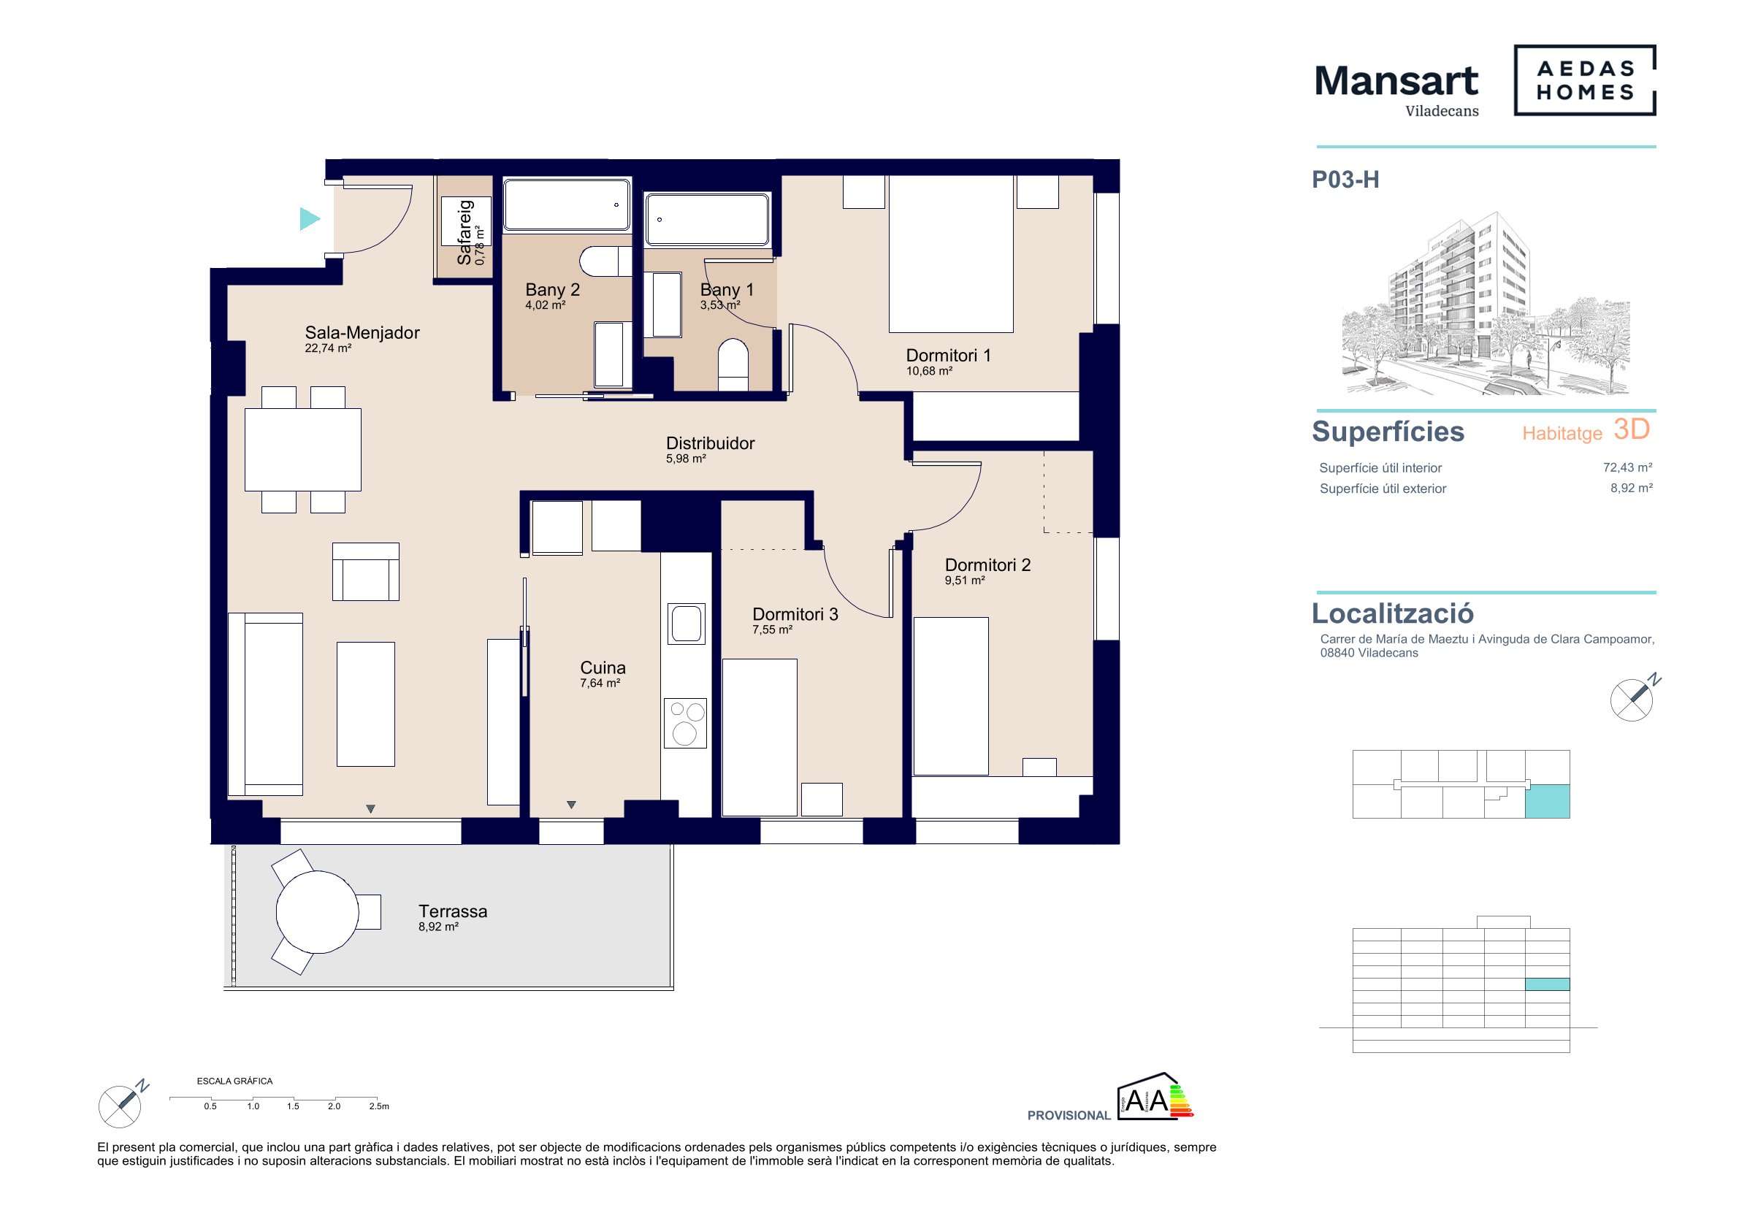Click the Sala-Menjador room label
coord(362,332)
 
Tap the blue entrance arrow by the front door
coord(309,219)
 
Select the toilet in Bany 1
coord(733,365)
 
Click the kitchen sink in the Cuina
coord(687,623)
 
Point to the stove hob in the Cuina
coord(686,723)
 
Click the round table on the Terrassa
coord(318,912)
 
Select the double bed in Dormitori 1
coord(950,253)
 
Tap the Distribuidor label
coord(711,443)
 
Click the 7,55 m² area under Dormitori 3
coord(773,630)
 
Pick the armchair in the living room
coord(366,572)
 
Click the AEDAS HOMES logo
coord(1584,80)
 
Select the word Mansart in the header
coord(1396,80)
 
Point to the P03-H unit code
coord(1345,180)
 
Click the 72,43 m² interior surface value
coord(1628,467)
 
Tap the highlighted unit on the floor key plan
coord(1547,801)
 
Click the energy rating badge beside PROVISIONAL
coord(1155,1098)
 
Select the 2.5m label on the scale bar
coord(379,1106)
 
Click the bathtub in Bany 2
coord(567,204)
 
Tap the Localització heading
coord(1392,613)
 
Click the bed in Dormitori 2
coord(950,696)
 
